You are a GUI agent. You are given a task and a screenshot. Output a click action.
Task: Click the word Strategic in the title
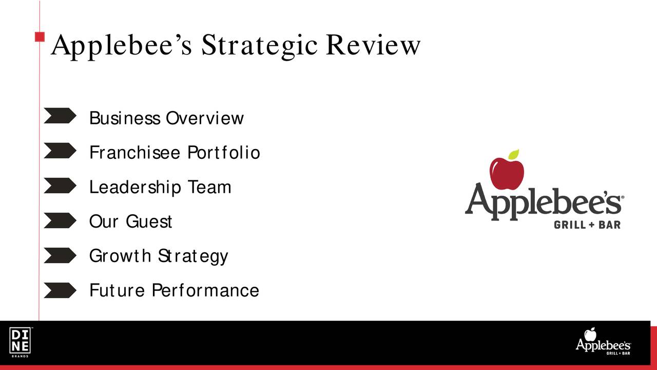click(259, 46)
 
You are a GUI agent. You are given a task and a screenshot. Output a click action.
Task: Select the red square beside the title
click(40, 36)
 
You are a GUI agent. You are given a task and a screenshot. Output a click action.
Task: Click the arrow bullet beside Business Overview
click(60, 116)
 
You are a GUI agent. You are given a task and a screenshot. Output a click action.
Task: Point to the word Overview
click(205, 118)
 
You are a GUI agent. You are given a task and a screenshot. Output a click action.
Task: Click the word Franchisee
click(134, 153)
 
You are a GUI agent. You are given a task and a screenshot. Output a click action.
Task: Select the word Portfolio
click(224, 153)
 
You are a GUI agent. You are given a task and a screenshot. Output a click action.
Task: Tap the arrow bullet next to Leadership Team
click(60, 186)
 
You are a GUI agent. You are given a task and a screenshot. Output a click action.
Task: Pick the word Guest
click(149, 221)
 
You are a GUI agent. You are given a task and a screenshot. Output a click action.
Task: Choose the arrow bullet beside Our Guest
click(60, 220)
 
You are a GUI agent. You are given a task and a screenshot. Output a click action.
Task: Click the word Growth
click(120, 256)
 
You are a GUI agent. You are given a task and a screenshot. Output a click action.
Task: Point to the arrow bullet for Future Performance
click(60, 290)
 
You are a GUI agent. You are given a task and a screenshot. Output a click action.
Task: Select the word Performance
click(205, 290)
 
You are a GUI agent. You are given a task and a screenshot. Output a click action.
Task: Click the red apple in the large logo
click(507, 174)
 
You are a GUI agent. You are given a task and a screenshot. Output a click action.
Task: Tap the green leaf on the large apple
click(514, 154)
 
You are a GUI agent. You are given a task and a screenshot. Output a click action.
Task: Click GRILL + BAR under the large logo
click(587, 225)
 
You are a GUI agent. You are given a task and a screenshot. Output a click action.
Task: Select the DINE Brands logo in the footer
click(20, 342)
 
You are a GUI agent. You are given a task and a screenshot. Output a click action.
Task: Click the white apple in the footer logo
click(590, 335)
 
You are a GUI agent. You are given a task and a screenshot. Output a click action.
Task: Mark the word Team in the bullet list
click(210, 187)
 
